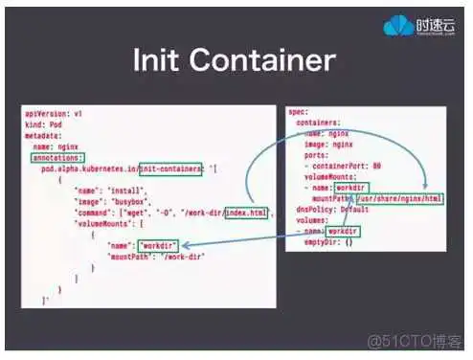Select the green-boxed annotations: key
click(55, 157)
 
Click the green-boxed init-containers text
click(169, 168)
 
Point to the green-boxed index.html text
click(247, 211)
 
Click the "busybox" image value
click(128, 200)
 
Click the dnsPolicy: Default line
click(329, 210)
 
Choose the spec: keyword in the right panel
click(299, 113)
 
